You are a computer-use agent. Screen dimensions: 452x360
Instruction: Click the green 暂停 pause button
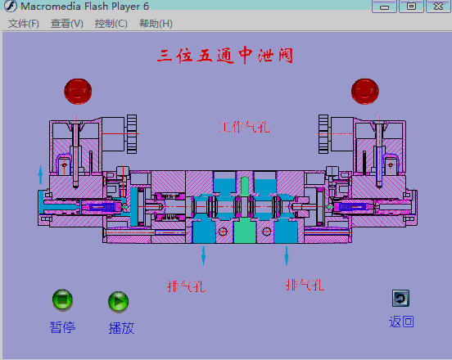click(62, 299)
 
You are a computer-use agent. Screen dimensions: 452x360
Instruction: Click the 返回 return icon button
click(400, 299)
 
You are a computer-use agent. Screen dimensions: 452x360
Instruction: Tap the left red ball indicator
click(78, 92)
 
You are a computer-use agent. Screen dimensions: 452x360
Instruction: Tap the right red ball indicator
click(365, 92)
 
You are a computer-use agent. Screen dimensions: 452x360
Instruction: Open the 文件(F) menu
click(24, 24)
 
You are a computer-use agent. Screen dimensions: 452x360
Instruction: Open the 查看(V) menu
click(67, 24)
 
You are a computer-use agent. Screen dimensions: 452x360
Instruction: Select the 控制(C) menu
click(111, 24)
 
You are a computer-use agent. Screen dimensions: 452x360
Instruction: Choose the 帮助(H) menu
click(156, 24)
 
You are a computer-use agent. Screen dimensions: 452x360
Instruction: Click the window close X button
click(438, 7)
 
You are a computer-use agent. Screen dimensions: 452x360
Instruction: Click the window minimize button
click(384, 7)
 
